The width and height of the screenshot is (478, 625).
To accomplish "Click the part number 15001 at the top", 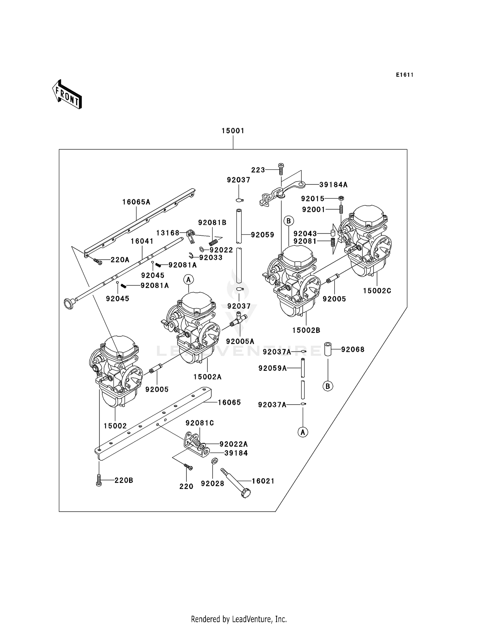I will pyautogui.click(x=233, y=131).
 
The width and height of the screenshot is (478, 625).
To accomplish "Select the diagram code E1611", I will pyautogui.click(x=405, y=75).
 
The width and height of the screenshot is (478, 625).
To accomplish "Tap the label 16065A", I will pyautogui.click(x=136, y=202).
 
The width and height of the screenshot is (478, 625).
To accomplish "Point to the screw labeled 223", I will pyautogui.click(x=281, y=169).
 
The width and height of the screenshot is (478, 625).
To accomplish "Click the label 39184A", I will pyautogui.click(x=333, y=185).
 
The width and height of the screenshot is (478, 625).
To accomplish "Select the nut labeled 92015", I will pyautogui.click(x=341, y=198).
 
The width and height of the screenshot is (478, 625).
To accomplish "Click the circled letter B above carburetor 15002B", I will pyautogui.click(x=288, y=221).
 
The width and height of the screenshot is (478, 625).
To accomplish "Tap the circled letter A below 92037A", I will pyautogui.click(x=303, y=432).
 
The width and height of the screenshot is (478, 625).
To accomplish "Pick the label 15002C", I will pyautogui.click(x=377, y=291).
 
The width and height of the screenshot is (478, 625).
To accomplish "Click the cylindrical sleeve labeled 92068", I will pyautogui.click(x=328, y=349).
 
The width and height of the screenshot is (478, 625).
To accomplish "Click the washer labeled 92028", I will pyautogui.click(x=214, y=461).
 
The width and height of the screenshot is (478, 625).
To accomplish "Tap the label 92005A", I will pyautogui.click(x=240, y=341).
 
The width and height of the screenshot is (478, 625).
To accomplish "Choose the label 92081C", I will pyautogui.click(x=200, y=423).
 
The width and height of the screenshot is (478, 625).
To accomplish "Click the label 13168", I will pyautogui.click(x=168, y=233).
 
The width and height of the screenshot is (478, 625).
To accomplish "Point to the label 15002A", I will pyautogui.click(x=207, y=377).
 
